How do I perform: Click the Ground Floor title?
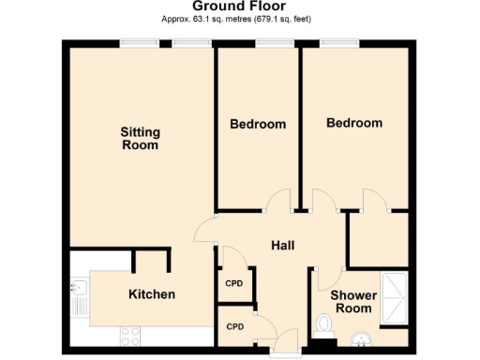(x=239, y=7)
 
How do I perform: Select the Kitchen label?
(x=151, y=294)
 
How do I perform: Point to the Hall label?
(x=283, y=246)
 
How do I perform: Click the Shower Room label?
(x=353, y=302)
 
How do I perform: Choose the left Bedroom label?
(x=258, y=124)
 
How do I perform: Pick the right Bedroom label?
(x=353, y=123)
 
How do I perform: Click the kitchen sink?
(x=79, y=300)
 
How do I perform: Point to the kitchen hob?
(x=128, y=333)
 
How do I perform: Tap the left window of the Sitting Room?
(x=137, y=42)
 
